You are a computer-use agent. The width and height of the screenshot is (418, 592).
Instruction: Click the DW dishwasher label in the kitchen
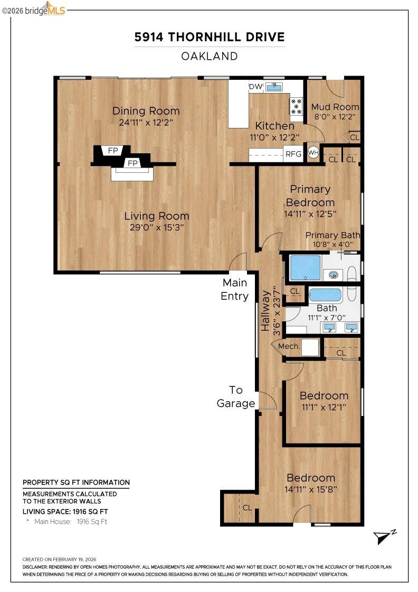point(255,87)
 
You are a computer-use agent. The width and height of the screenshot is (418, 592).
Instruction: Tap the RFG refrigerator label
point(293,154)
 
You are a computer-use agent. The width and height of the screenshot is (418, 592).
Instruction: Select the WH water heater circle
point(313,153)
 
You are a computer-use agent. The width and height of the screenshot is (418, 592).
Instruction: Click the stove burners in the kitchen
point(296,106)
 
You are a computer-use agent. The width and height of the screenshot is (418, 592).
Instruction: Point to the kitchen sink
point(274,86)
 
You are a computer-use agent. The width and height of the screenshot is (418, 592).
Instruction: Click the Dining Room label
point(146,111)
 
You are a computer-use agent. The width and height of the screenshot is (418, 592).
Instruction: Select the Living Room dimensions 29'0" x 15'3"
point(156,228)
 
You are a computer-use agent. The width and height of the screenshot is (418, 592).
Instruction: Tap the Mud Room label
point(335,107)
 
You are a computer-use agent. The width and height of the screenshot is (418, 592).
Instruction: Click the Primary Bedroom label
point(310,196)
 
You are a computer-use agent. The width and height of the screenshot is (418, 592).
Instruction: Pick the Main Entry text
point(234,289)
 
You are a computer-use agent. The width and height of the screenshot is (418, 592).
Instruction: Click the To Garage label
point(235,396)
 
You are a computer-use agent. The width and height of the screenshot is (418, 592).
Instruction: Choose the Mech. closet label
point(289,346)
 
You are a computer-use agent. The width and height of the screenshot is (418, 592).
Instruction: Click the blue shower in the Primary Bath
point(305,267)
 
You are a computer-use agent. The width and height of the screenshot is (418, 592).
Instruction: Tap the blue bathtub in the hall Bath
point(325,294)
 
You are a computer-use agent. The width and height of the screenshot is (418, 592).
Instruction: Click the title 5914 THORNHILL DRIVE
point(210,37)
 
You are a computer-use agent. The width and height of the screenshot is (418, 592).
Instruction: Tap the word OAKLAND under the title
point(210,56)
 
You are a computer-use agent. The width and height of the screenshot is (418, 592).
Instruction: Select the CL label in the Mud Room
point(354,137)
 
